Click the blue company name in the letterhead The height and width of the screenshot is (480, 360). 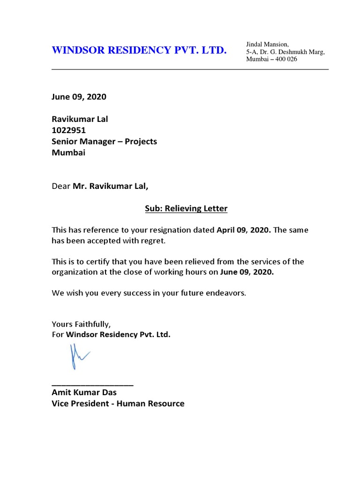click(139, 50)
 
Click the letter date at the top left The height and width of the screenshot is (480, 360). click(79, 97)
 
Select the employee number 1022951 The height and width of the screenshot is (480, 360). click(68, 130)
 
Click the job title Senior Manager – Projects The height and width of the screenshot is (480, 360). click(104, 142)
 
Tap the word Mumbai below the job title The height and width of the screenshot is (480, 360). click(68, 153)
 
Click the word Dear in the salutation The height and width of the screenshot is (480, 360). click(61, 187)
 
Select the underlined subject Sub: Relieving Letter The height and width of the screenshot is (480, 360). click(186, 209)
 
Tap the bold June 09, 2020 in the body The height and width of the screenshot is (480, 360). click(247, 273)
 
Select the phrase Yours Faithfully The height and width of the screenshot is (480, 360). click(81, 324)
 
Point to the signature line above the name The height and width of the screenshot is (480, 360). click(92, 384)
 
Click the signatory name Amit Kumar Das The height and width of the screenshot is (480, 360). click(84, 392)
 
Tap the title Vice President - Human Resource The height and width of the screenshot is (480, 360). click(118, 404)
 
